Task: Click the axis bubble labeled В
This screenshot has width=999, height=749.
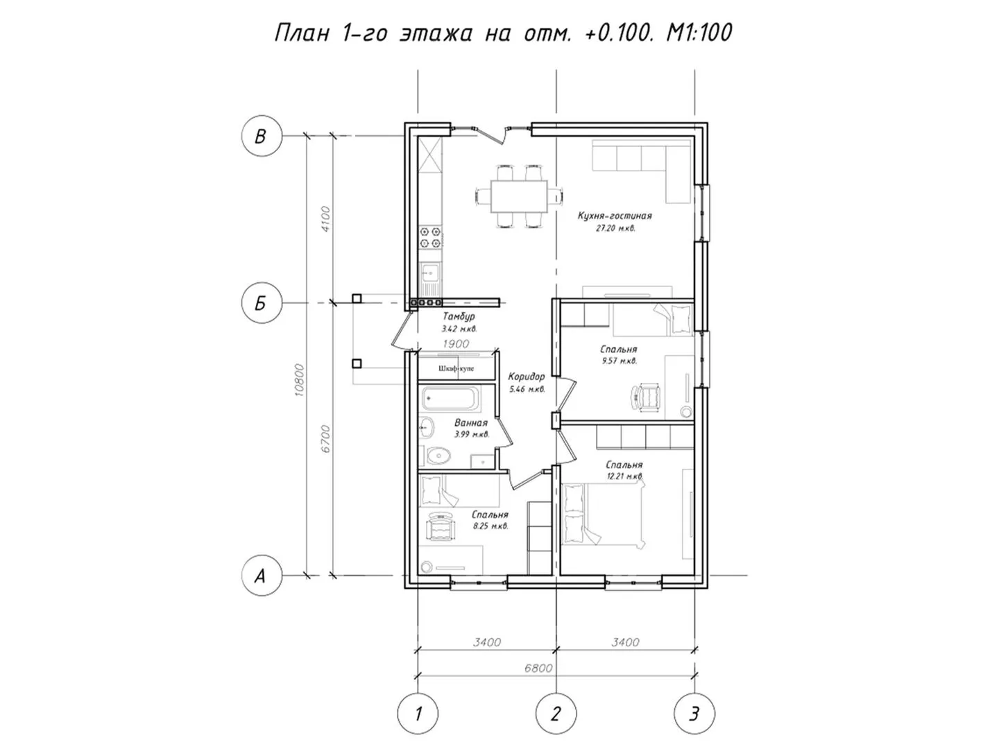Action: click(x=262, y=136)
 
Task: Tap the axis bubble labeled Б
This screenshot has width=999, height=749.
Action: click(x=262, y=302)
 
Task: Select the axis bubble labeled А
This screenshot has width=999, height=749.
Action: click(x=262, y=576)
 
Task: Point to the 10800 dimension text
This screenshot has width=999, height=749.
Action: click(x=299, y=380)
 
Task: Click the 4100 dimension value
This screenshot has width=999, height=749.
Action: click(x=325, y=219)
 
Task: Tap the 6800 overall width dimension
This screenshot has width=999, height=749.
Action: click(x=538, y=668)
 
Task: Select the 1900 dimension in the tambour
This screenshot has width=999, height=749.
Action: click(x=456, y=344)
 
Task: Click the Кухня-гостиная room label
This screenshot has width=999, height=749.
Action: click(x=615, y=216)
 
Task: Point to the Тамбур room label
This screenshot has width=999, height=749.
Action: click(x=459, y=316)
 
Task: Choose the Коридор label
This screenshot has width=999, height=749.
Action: click(x=526, y=377)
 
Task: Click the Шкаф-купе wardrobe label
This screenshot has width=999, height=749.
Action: click(x=456, y=368)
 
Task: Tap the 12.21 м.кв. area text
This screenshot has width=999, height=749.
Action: click(x=624, y=476)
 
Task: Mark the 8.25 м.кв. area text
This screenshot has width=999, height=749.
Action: click(x=490, y=526)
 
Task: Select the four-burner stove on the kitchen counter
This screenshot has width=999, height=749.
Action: click(x=430, y=237)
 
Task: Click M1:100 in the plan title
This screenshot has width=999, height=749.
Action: click(x=699, y=33)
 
